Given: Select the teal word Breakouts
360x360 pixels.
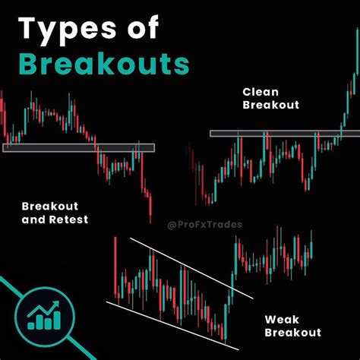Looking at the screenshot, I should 103,64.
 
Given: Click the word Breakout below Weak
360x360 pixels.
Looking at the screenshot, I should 293,332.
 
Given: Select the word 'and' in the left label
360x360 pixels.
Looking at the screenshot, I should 33,219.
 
